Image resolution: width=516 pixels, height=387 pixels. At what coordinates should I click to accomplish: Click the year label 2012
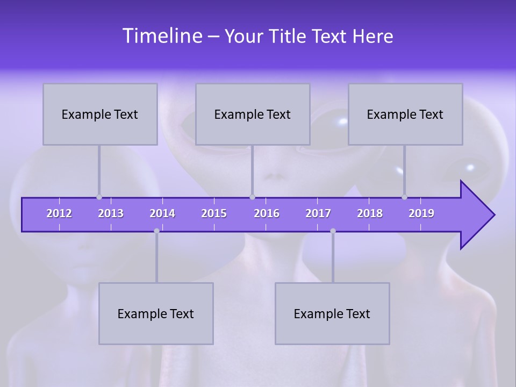coord(59,213)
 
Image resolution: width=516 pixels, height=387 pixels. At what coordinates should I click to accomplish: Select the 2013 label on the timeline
coord(111,213)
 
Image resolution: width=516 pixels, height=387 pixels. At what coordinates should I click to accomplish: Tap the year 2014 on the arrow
coord(162,213)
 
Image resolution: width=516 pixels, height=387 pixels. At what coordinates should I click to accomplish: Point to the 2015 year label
coord(214,213)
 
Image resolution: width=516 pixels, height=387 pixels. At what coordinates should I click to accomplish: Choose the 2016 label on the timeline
coord(267,213)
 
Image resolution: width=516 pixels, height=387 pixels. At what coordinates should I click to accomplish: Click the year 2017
coord(318,213)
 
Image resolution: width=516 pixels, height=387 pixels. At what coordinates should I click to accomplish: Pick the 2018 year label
coord(370,213)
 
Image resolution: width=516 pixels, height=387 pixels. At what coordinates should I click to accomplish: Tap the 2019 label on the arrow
coord(421,213)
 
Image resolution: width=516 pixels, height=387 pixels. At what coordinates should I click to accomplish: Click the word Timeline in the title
coord(161,36)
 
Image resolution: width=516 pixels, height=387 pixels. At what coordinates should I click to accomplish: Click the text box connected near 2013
coord(100,114)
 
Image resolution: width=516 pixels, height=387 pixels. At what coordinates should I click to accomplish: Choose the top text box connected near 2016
coord(253,114)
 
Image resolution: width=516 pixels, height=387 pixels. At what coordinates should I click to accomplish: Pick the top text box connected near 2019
coord(405,114)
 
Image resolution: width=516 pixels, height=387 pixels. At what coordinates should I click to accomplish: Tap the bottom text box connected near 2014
coord(156,313)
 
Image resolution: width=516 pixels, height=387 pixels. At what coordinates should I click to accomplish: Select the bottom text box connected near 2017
coord(332,313)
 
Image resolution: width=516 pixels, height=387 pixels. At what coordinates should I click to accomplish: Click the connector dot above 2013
coord(99,197)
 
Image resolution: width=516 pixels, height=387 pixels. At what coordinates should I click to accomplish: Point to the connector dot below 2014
coord(156,231)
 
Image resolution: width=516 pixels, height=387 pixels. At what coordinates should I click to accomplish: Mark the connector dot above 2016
coord(252,197)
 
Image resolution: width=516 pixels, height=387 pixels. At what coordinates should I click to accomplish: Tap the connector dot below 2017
coord(333,231)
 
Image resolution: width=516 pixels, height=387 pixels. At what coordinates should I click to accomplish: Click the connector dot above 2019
coord(404,197)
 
